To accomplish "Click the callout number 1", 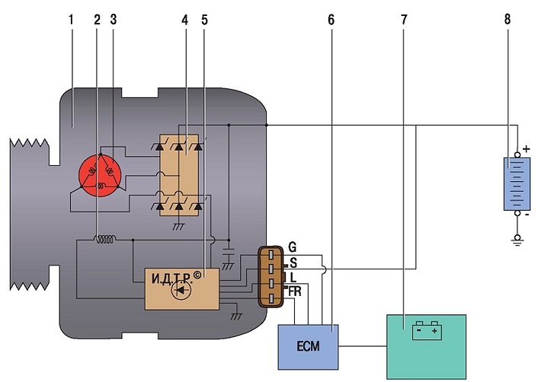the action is click(x=71, y=20).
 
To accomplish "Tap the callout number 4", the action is click(x=185, y=21).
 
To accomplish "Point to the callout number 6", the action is click(x=331, y=21).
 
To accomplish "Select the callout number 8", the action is click(x=507, y=19).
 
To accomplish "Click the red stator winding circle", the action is click(x=100, y=175).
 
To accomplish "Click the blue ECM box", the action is click(x=308, y=347).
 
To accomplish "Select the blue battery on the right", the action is click(x=517, y=184).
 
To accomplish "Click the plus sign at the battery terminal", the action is click(x=527, y=149).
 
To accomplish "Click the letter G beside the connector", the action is click(x=292, y=247).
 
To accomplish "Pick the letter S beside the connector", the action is click(x=293, y=263).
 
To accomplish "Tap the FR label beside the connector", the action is click(x=295, y=291).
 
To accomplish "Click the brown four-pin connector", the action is click(x=270, y=276).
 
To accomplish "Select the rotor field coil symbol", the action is click(x=105, y=239).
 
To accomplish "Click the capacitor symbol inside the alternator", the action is click(x=229, y=251).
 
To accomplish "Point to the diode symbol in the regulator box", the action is click(x=181, y=290).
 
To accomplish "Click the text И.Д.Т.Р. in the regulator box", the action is click(x=172, y=278).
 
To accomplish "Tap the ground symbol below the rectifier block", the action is click(x=178, y=226).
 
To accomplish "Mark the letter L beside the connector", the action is click(x=293, y=277).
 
